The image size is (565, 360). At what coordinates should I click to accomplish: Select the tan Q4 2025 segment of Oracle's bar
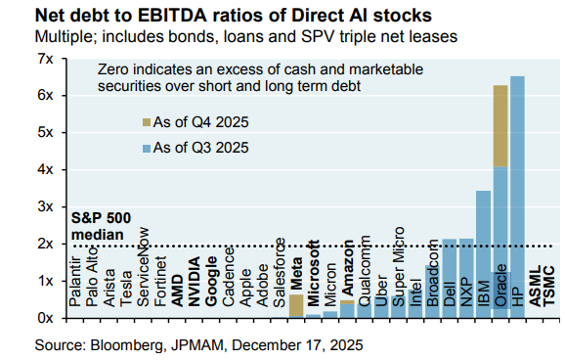(500, 125)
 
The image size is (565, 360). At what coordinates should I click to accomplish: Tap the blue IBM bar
(482, 253)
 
